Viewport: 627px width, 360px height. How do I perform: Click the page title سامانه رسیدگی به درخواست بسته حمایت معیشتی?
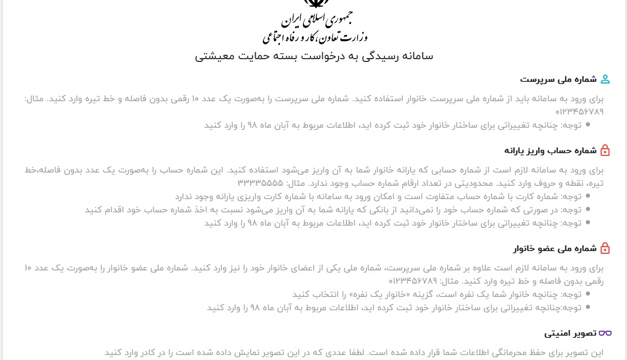pyautogui.click(x=314, y=56)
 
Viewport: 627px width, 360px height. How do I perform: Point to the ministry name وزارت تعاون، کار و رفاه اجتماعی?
pyautogui.click(x=314, y=37)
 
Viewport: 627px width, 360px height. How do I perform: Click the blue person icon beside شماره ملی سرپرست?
pyautogui.click(x=605, y=79)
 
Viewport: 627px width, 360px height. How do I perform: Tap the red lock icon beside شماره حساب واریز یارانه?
pyautogui.click(x=605, y=150)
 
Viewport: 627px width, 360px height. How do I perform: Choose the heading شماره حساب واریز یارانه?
pyautogui.click(x=550, y=150)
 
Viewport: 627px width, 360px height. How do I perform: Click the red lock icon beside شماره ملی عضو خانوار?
pyautogui.click(x=605, y=248)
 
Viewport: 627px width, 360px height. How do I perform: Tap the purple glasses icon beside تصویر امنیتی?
pyautogui.click(x=605, y=333)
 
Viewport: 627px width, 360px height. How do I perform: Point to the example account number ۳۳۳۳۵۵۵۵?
pyautogui.click(x=260, y=183)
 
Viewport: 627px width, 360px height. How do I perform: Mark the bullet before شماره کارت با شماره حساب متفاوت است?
pyautogui.click(x=588, y=196)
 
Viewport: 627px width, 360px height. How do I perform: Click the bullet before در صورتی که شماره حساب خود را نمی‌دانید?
pyautogui.click(x=588, y=210)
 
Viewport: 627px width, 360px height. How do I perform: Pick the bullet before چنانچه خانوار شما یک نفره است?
pyautogui.click(x=588, y=294)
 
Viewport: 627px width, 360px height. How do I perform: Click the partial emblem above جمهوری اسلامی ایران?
pyautogui.click(x=314, y=3)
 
